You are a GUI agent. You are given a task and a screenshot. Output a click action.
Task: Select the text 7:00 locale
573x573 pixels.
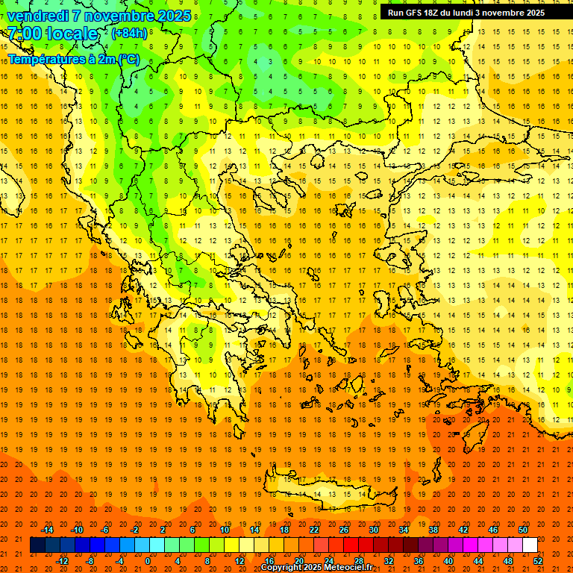point(52,34)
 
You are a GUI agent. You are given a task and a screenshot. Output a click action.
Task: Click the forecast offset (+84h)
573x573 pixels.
point(129,34)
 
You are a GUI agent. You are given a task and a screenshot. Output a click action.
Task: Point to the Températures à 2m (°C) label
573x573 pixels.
point(73,59)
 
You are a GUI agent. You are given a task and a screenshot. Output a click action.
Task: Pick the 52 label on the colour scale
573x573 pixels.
point(539,561)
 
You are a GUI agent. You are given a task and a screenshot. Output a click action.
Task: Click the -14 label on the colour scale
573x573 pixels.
point(47,530)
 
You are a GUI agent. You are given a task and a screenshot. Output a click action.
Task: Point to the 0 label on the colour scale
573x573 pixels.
point(148,561)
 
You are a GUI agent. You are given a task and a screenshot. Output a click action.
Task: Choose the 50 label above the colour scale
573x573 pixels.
point(522,530)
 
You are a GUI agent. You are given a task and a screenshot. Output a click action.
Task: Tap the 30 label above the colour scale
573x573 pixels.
point(373,530)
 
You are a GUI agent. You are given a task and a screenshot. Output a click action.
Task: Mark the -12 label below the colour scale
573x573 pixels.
point(63,561)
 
